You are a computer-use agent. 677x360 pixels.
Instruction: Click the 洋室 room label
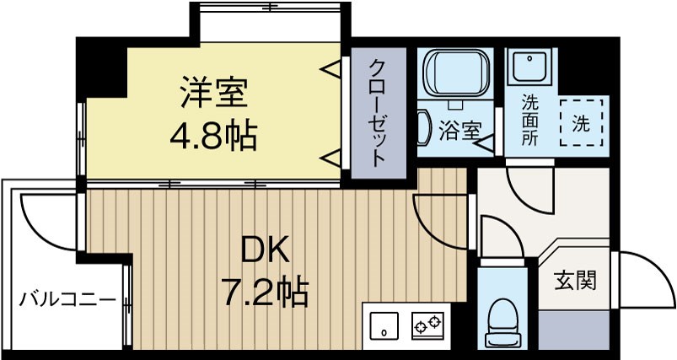click(214, 94)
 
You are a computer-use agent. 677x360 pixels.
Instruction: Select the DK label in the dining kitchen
click(266, 250)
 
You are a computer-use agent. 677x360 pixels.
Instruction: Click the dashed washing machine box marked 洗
click(582, 123)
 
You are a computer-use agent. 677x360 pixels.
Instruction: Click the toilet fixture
click(505, 320)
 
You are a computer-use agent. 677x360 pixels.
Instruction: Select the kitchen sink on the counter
click(384, 323)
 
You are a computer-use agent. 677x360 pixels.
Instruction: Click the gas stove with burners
click(427, 323)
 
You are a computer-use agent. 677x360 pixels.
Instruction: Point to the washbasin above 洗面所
click(529, 65)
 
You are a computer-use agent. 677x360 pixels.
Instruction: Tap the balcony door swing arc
click(46, 221)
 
